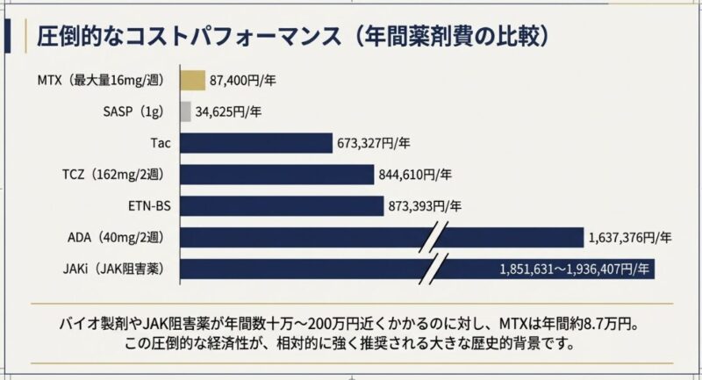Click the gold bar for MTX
(x=193, y=81)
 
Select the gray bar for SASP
(x=185, y=111)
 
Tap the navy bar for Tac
(x=256, y=143)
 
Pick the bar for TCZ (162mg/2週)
(x=276, y=174)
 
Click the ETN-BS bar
(x=282, y=205)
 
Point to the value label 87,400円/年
(x=243, y=81)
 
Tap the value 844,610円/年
(x=415, y=175)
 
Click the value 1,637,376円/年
(x=630, y=237)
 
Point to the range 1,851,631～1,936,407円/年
(x=575, y=268)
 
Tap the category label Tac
(x=161, y=143)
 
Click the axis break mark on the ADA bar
(x=439, y=238)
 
